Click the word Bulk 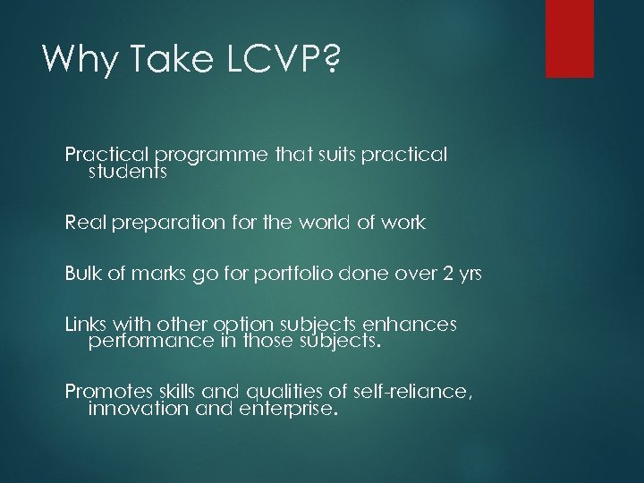[x=82, y=275]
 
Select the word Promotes [x=104, y=393]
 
